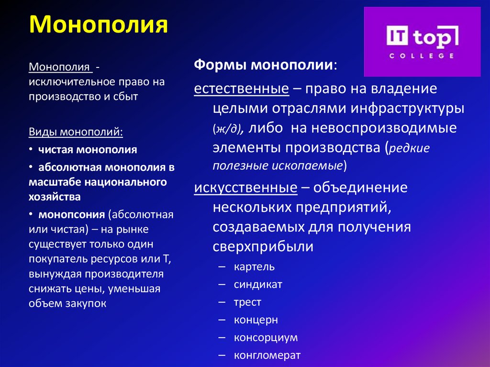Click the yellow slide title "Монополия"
(x=100, y=25)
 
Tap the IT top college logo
(x=422, y=42)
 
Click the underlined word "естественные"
(x=241, y=89)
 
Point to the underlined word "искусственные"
(x=245, y=188)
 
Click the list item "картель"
(x=254, y=267)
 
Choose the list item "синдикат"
(x=258, y=284)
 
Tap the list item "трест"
(x=247, y=302)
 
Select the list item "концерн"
(x=256, y=320)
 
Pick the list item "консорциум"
(x=266, y=337)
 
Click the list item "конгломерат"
(x=267, y=355)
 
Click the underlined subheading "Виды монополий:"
(x=76, y=132)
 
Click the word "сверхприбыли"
(x=263, y=247)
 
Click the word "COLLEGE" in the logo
(x=421, y=56)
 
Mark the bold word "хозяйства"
(x=55, y=196)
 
